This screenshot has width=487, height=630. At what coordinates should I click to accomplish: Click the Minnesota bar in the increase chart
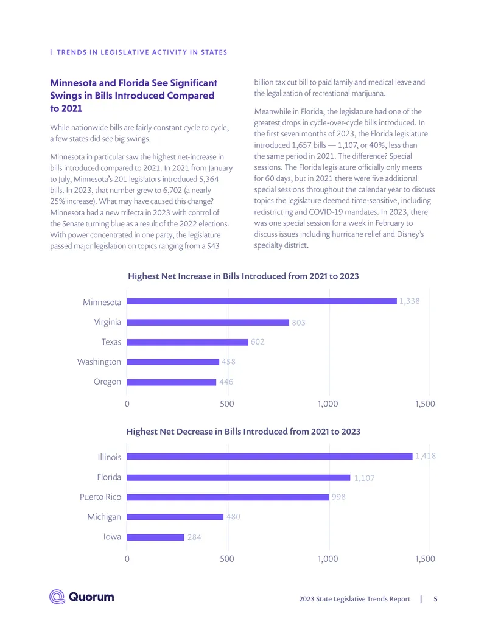[262, 301]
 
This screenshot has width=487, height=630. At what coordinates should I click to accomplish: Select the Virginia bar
[208, 322]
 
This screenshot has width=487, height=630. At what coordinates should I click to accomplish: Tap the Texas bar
[187, 342]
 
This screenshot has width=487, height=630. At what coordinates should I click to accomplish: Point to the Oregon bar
[171, 382]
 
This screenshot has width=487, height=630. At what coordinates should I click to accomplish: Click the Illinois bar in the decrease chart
[270, 457]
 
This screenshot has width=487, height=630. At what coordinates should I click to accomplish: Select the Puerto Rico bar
[228, 497]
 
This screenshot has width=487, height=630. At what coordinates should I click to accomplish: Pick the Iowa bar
[155, 537]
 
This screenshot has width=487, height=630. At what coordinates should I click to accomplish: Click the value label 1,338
[410, 301]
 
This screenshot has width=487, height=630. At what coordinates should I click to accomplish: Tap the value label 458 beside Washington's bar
[228, 362]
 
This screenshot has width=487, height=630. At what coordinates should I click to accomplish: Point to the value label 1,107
[364, 478]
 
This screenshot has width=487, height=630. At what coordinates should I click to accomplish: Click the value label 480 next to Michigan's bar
[233, 517]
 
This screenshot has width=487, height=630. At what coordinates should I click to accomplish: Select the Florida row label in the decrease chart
[109, 477]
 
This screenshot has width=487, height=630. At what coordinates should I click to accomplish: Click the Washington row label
[99, 362]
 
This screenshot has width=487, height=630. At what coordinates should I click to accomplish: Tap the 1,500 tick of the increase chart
[425, 404]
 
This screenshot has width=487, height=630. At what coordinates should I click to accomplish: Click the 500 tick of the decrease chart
[227, 559]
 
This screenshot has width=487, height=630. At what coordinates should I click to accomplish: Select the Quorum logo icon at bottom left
[57, 597]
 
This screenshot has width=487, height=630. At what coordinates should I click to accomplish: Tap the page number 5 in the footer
[435, 599]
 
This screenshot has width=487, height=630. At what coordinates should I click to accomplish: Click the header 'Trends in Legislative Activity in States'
[142, 52]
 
